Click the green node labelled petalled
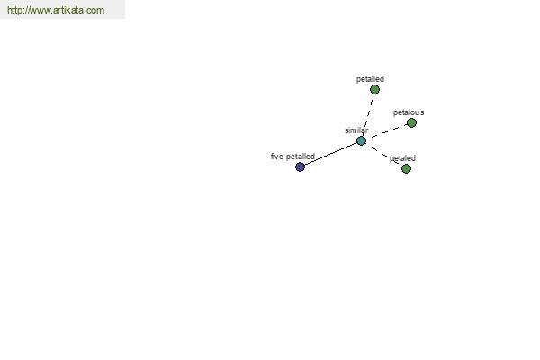(374, 90)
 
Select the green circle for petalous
(411, 122)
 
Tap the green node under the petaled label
(407, 168)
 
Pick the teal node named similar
(361, 140)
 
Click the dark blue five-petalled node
(300, 166)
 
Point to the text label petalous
(409, 112)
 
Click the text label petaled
(402, 158)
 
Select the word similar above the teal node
(356, 130)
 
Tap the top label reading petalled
(370, 79)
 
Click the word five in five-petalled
(276, 157)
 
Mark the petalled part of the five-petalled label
(300, 157)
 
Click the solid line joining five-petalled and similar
(330, 154)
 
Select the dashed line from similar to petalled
(368, 113)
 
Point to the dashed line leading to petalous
(389, 130)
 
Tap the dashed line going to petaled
(385, 155)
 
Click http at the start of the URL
(14, 10)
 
